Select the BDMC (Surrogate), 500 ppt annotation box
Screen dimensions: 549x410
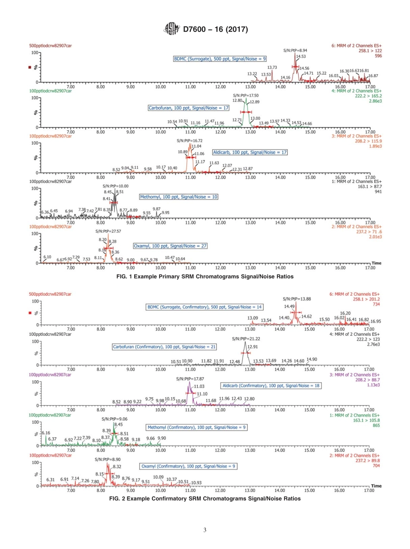[x=220, y=58]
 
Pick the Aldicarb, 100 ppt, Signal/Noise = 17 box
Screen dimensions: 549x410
[x=249, y=152]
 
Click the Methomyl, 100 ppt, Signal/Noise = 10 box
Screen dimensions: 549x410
[x=178, y=197]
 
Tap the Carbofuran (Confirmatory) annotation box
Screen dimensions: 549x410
[x=164, y=347]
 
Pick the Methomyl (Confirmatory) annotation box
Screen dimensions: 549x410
[x=196, y=428]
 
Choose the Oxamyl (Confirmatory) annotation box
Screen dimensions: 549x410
[x=189, y=466]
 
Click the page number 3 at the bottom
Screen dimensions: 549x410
[x=205, y=530]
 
